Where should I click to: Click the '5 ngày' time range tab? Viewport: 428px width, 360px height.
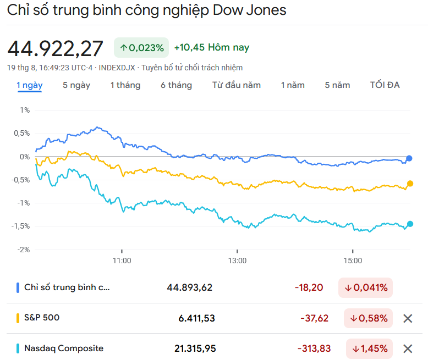pos(76,85)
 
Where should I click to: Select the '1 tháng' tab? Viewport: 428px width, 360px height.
pos(125,85)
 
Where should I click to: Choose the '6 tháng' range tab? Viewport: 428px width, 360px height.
pos(176,85)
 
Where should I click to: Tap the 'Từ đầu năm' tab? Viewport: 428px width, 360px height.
pos(237,85)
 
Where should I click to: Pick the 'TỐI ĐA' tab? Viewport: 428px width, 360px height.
pos(385,85)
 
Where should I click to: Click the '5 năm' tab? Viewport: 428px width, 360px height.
pos(337,85)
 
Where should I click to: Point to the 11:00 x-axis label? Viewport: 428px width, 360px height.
pos(122,261)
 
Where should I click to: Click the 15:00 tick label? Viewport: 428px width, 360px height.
pos(353,261)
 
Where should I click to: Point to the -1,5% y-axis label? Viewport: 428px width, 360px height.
pos(21,226)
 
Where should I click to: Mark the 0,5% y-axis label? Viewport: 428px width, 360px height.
pos(22,133)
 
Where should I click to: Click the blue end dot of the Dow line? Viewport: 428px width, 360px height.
pos(409,159)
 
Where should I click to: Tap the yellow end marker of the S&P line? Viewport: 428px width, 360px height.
pos(410,184)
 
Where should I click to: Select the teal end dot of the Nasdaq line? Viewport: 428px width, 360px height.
pos(410,224)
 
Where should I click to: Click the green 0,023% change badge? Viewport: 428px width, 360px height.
pos(142,48)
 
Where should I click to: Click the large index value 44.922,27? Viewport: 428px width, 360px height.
pos(55,48)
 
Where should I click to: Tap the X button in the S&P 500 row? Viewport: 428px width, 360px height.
pos(408,318)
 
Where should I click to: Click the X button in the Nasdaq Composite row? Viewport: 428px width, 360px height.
pos(408,348)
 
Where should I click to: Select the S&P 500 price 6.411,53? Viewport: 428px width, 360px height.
pos(196,318)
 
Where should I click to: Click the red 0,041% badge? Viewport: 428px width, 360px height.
pos(366,287)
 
